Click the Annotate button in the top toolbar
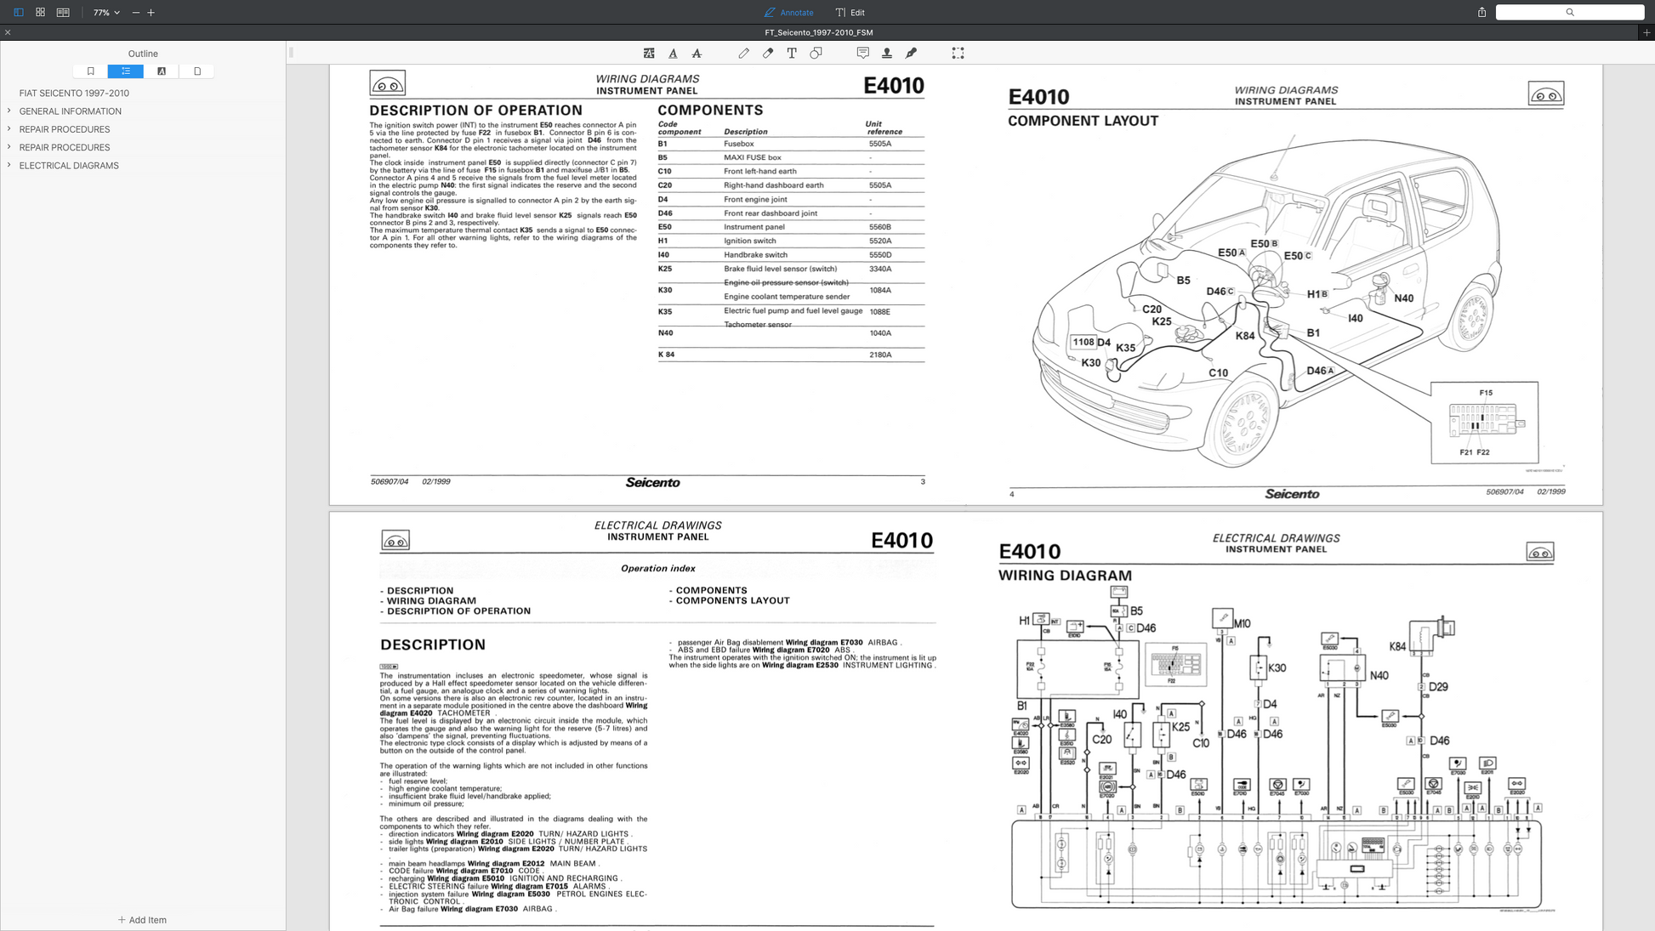(788, 13)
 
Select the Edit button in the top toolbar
(850, 13)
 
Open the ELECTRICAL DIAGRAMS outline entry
(69, 166)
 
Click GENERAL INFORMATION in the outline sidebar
(70, 111)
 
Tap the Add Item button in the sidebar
(142, 920)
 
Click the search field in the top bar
(1569, 13)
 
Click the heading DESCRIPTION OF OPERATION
(475, 111)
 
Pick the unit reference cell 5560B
(879, 227)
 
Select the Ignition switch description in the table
(749, 241)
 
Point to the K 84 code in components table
(666, 355)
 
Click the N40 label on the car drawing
(1403, 298)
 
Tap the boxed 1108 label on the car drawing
(1083, 342)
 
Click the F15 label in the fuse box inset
(1485, 393)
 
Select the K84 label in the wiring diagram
(1396, 646)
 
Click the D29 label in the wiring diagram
(1437, 687)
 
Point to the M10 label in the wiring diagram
(1242, 623)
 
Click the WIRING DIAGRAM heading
(1064, 576)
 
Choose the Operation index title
(657, 569)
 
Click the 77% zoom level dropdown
(106, 13)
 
